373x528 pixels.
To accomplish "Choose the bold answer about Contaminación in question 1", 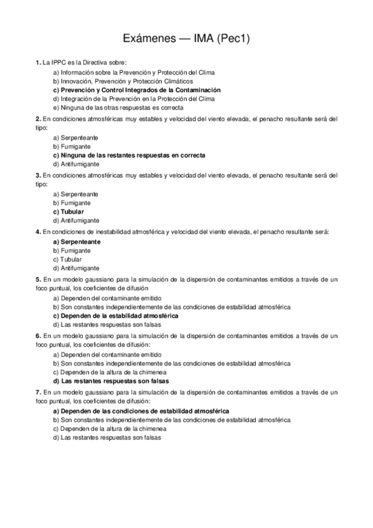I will click(x=133, y=90).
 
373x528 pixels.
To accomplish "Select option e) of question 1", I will click(x=118, y=107).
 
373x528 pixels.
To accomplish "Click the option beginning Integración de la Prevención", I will click(x=134, y=98).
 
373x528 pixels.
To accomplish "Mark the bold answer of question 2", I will click(x=129, y=154).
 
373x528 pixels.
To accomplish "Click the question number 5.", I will click(x=38, y=280).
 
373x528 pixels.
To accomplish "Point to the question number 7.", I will click(x=38, y=393).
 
